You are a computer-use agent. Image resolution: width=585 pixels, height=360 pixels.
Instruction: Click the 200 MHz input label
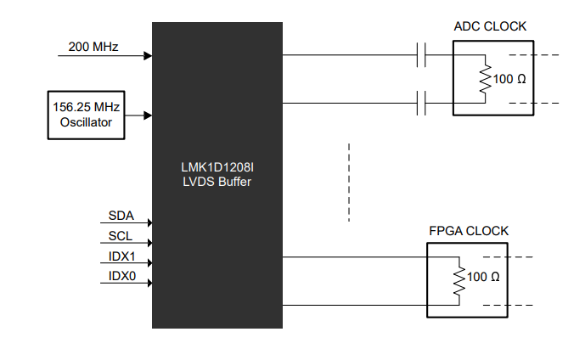[93, 47]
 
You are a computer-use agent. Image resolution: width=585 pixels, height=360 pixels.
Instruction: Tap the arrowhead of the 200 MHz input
[148, 56]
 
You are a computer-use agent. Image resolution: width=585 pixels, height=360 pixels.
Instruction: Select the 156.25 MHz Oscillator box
[87, 115]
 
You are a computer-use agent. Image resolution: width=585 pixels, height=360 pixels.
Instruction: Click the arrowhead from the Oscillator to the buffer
[148, 115]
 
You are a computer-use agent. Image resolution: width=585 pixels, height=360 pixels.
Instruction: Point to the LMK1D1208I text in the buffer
[217, 167]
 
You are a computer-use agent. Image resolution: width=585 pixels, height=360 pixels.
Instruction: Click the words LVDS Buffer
[217, 182]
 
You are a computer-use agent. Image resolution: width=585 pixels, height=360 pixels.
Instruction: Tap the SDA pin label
[121, 216]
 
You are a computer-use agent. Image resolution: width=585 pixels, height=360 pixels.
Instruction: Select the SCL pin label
[120, 236]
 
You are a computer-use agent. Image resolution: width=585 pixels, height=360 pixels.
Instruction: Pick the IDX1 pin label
[121, 256]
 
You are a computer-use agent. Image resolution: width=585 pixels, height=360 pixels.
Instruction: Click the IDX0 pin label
[122, 276]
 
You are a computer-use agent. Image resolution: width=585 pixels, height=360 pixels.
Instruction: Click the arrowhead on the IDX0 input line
[150, 283]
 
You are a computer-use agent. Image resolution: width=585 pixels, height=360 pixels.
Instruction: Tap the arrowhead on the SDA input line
[150, 222]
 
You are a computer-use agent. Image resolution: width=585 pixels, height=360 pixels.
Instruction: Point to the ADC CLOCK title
[490, 26]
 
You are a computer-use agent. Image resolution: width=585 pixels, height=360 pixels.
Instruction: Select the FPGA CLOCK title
[469, 231]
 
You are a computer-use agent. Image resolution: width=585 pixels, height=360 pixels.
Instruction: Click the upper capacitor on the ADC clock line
[421, 55]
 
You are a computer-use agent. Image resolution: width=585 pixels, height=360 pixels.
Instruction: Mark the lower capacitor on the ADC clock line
[421, 103]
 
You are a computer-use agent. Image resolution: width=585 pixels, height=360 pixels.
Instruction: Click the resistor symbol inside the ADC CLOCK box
[486, 79]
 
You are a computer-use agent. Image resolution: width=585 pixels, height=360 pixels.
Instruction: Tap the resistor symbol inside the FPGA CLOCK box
[459, 281]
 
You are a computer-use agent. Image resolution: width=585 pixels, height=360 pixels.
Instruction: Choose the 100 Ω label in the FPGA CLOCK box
[483, 277]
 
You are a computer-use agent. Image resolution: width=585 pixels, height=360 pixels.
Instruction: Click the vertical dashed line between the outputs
[349, 183]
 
